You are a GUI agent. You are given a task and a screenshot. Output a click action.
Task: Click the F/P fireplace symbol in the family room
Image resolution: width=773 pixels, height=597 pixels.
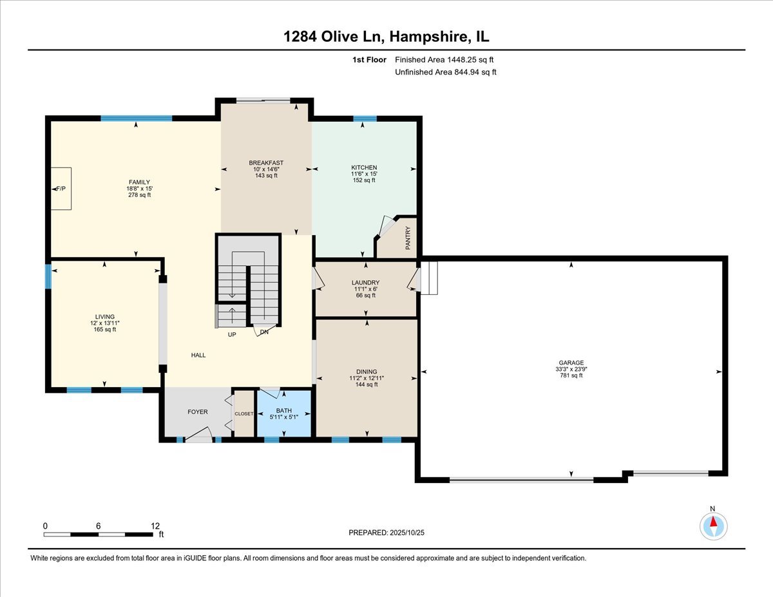click(61, 189)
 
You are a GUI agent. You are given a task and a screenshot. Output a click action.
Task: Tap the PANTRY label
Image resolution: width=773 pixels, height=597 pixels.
click(408, 238)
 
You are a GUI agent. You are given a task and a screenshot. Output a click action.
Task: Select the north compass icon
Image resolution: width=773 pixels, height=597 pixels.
click(713, 526)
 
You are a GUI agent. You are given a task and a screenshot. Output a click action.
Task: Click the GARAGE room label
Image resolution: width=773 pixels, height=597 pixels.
click(571, 363)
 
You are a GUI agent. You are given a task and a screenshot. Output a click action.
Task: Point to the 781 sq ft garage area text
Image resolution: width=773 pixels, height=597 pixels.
click(571, 375)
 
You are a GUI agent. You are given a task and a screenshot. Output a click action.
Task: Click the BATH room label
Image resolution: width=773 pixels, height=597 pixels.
click(284, 410)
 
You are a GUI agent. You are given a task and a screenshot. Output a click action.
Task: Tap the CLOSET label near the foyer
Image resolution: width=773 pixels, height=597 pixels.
click(244, 413)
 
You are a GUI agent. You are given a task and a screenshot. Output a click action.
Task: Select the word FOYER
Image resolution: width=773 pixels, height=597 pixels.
click(198, 412)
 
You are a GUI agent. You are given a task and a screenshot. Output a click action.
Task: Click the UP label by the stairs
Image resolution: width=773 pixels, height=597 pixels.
click(231, 335)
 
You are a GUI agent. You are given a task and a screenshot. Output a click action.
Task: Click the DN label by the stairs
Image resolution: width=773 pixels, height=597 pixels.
click(264, 332)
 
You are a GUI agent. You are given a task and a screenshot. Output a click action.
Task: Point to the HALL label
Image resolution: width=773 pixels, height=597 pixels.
click(198, 355)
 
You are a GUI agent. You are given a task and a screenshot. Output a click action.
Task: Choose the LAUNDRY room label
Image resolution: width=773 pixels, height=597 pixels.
click(365, 283)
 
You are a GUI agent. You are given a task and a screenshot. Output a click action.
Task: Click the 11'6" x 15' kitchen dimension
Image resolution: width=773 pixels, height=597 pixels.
click(364, 174)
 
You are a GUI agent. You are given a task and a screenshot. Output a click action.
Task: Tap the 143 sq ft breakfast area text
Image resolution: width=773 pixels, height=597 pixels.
click(266, 176)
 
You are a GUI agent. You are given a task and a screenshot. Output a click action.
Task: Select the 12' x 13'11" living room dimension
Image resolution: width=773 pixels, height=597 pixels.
click(104, 323)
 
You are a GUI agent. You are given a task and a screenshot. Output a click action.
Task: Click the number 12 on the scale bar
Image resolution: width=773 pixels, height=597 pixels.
click(155, 526)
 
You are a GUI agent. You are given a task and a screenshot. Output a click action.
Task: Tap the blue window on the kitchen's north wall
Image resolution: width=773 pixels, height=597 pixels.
click(365, 118)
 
